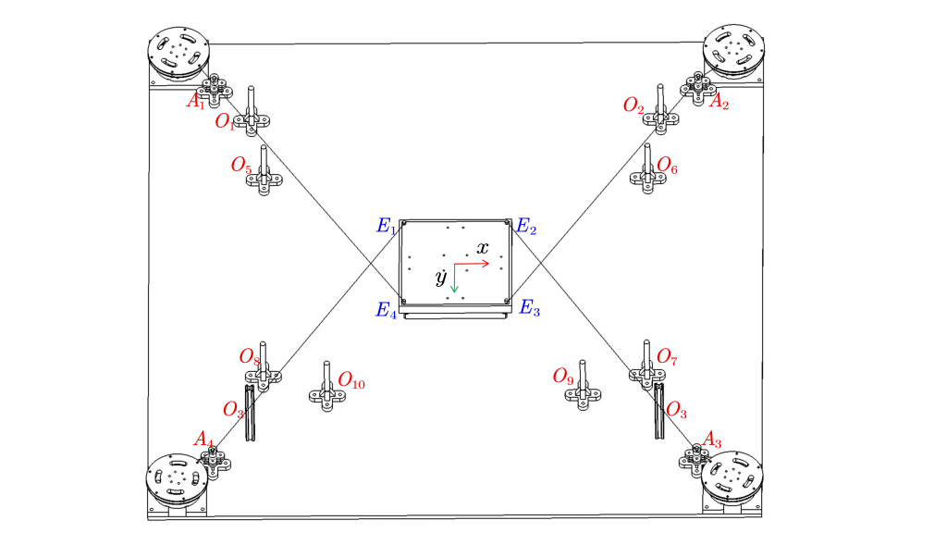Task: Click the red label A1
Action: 195,101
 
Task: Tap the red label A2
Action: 719,102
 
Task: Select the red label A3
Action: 713,438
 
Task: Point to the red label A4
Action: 203,438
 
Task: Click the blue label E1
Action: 386,227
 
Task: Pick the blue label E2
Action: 526,225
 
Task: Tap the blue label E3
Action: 530,308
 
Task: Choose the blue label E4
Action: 386,310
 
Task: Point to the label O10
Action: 351,379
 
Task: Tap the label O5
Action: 241,166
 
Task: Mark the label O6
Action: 667,167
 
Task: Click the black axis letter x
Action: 483,247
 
